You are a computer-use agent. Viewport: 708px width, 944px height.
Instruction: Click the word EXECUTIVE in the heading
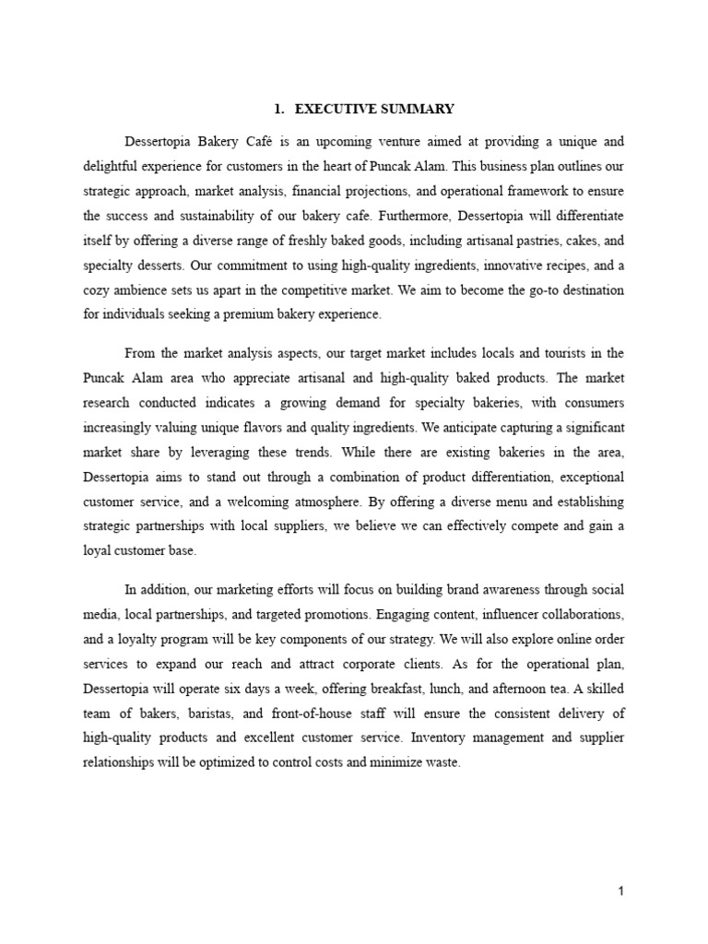tap(336, 109)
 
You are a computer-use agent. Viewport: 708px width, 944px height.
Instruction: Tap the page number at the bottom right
tap(621, 891)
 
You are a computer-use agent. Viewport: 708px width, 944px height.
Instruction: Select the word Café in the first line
tap(282, 142)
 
